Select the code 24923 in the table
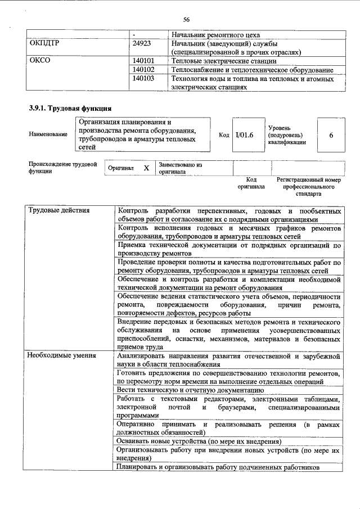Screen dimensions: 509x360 point(141,43)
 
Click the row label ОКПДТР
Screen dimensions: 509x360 point(44,43)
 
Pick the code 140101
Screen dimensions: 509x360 point(143,61)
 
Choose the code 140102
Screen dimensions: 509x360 point(143,70)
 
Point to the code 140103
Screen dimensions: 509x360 point(143,79)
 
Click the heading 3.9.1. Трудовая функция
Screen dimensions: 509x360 point(70,107)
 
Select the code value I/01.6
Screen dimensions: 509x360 point(245,135)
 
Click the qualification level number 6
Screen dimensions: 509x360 point(331,136)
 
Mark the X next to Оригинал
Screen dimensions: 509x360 point(146,168)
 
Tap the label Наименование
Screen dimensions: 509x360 point(48,134)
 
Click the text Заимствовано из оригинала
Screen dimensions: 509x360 point(180,168)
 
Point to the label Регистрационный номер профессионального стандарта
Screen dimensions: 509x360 point(309,186)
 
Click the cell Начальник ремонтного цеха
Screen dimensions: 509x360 point(216,34)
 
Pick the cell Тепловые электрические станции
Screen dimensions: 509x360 point(223,61)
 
